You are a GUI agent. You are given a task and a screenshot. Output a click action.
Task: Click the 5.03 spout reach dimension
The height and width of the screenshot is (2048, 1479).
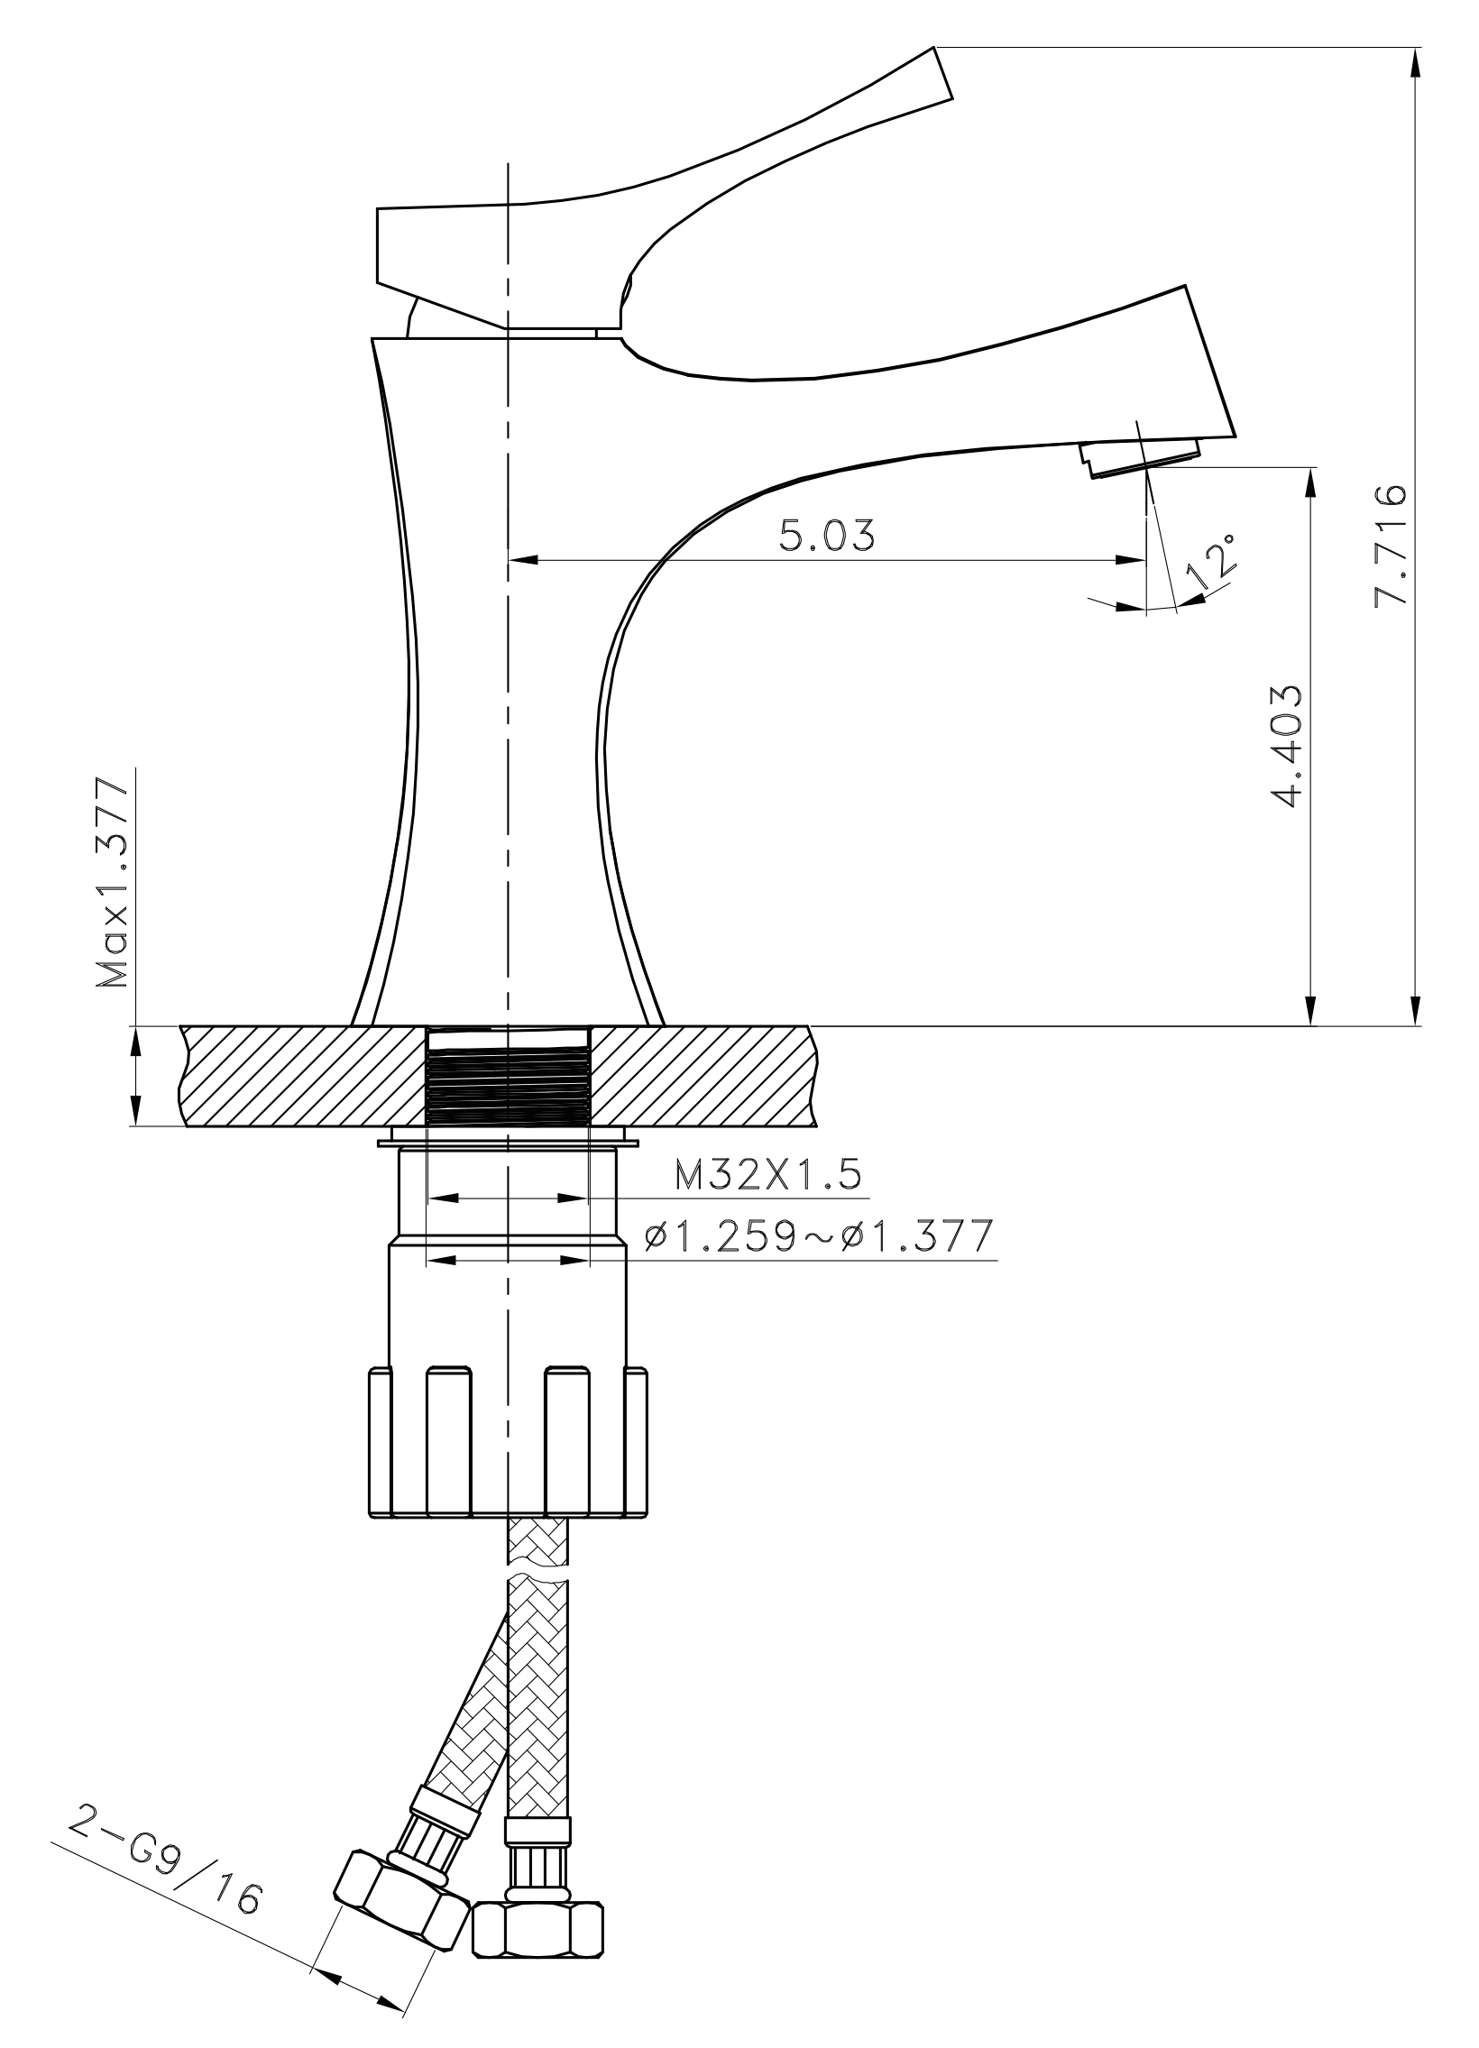(x=827, y=536)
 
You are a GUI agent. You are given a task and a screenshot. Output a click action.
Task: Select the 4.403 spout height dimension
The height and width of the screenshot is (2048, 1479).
(x=1285, y=746)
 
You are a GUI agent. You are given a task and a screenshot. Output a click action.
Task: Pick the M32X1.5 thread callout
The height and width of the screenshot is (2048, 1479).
(x=767, y=1175)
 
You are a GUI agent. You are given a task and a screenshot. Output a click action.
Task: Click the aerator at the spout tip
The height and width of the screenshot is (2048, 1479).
(x=1141, y=458)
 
